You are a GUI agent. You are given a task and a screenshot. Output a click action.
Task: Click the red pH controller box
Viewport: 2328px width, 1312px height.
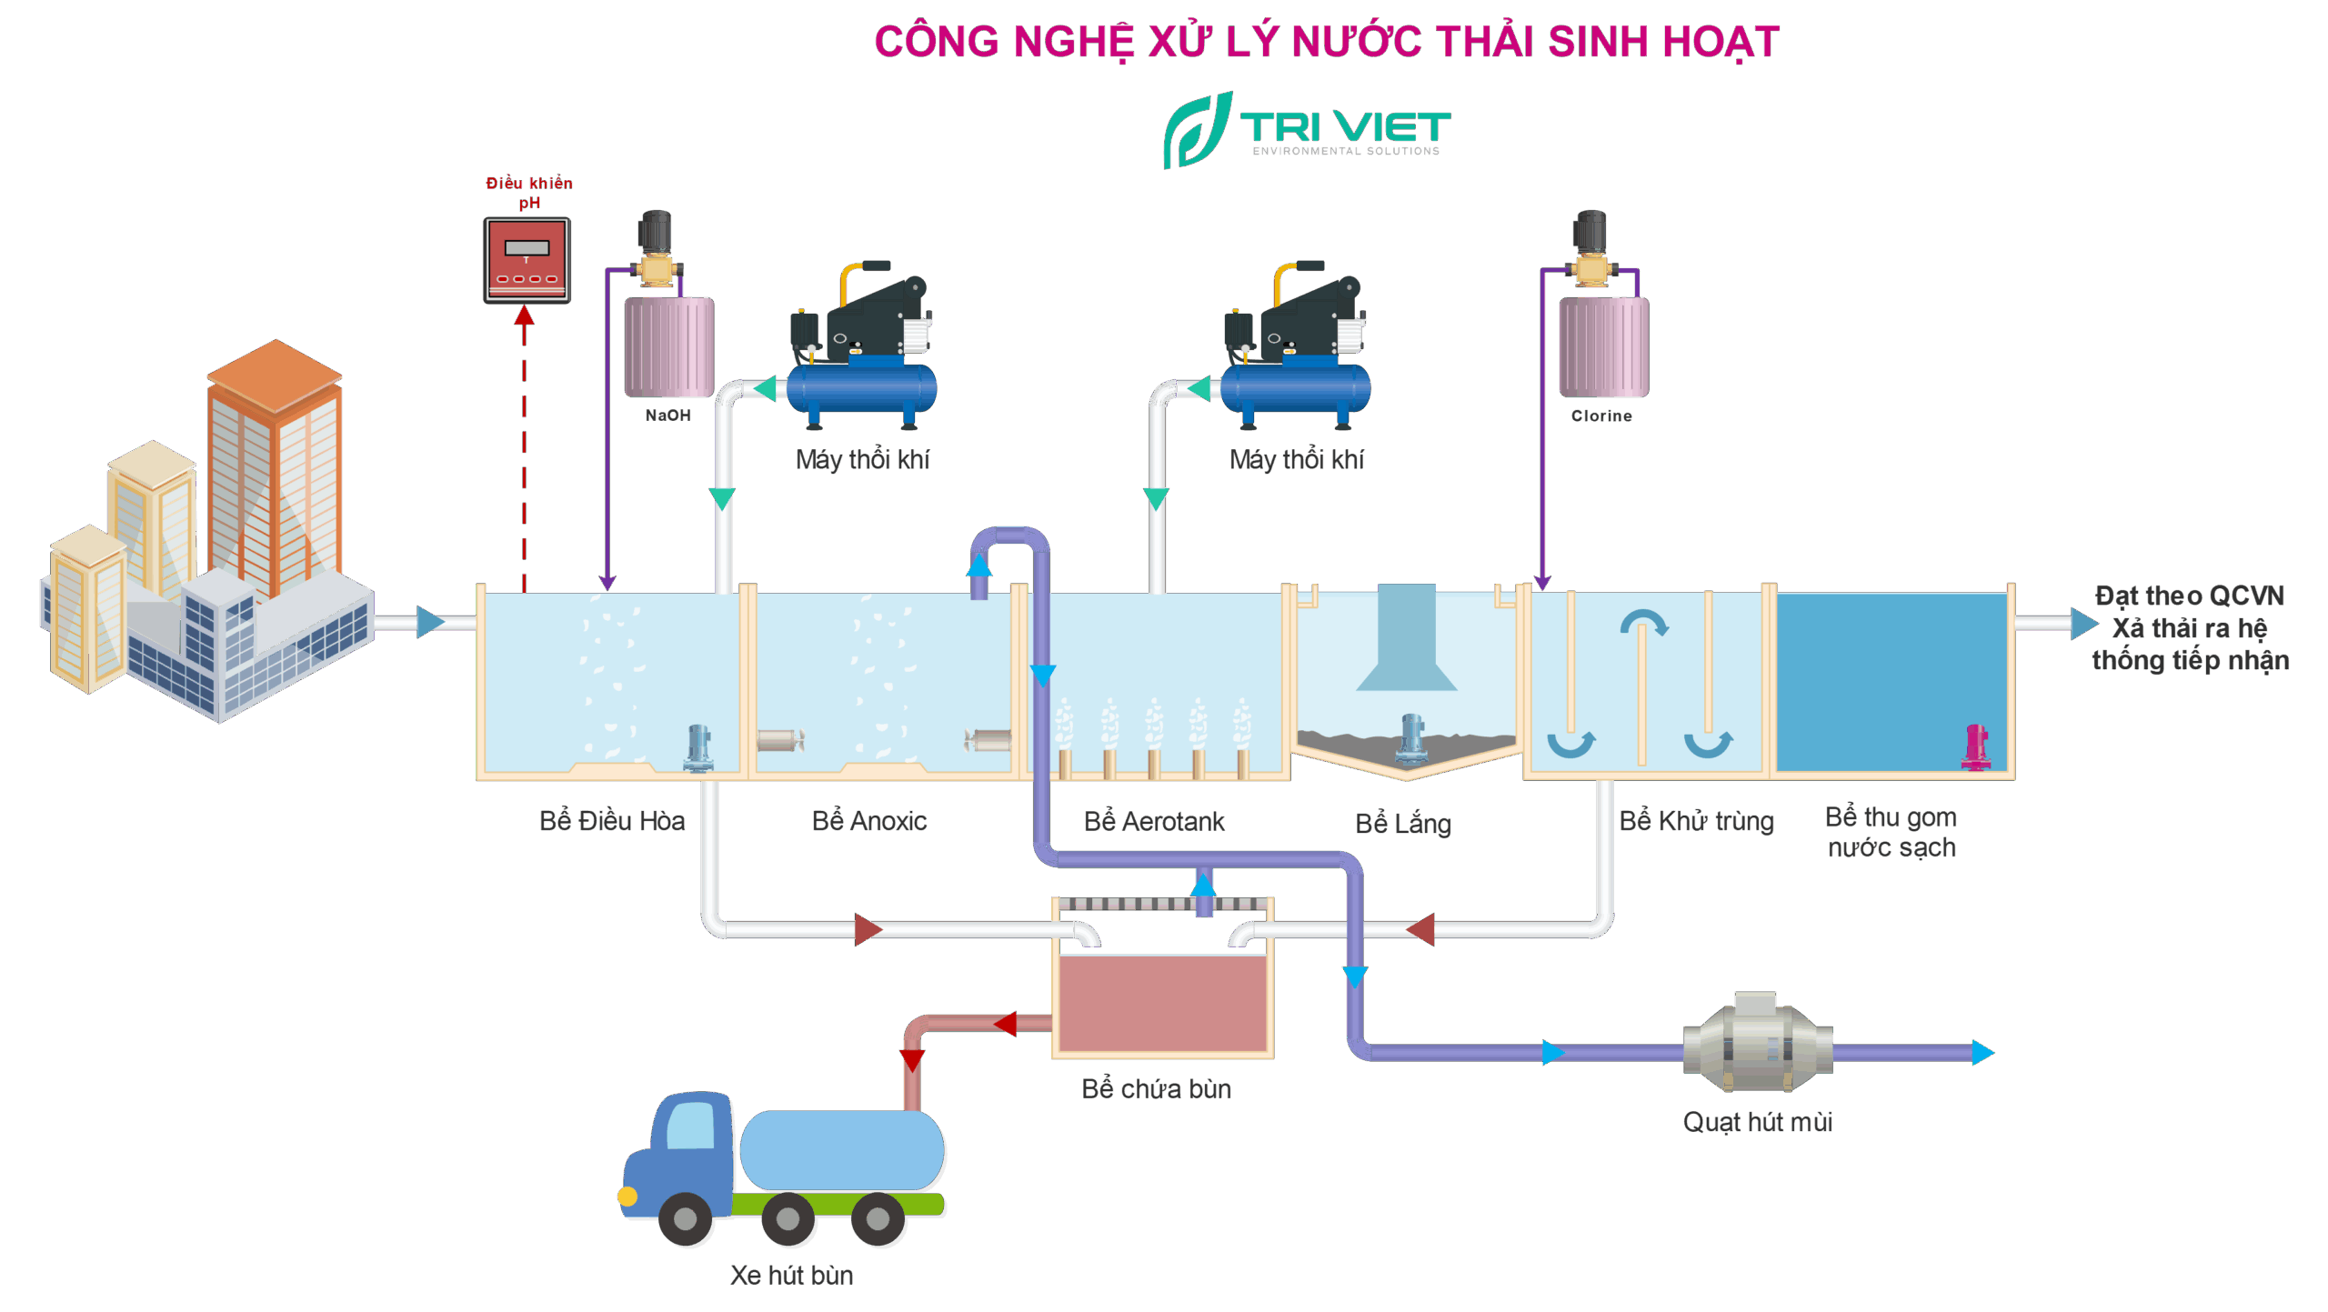(x=527, y=260)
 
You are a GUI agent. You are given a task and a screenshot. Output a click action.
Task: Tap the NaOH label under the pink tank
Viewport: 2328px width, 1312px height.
(x=667, y=416)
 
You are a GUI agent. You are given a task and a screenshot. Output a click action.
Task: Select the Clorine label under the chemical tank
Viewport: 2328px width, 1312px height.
(x=1601, y=416)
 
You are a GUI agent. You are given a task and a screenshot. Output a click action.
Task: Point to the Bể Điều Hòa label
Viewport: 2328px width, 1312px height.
(x=611, y=821)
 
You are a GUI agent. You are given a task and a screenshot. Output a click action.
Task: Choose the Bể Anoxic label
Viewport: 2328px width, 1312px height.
(x=869, y=821)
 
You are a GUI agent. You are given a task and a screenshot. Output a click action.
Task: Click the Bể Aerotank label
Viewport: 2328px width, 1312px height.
(x=1154, y=822)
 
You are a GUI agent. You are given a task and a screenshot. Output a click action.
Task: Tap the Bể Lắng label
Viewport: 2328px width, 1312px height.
(x=1403, y=824)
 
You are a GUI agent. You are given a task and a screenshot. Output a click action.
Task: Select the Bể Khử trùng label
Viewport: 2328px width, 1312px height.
(x=1696, y=822)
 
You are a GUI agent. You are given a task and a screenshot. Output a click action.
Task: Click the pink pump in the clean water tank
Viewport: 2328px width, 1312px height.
(x=1976, y=747)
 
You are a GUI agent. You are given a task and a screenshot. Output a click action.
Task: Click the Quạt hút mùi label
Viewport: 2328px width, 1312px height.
(x=1757, y=1122)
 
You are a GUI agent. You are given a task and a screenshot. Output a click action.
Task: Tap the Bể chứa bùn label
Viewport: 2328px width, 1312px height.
(x=1156, y=1089)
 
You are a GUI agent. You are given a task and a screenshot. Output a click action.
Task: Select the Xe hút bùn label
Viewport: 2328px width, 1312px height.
(x=791, y=1276)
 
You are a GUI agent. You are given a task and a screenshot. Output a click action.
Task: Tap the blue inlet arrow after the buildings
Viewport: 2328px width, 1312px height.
(x=431, y=623)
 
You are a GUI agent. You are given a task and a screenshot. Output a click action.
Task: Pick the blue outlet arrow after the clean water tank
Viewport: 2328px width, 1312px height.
(x=2083, y=624)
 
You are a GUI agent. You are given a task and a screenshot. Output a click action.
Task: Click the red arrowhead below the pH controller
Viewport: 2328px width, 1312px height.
(x=524, y=315)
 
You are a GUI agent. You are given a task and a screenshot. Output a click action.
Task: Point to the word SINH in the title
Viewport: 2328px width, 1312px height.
(x=1599, y=42)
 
